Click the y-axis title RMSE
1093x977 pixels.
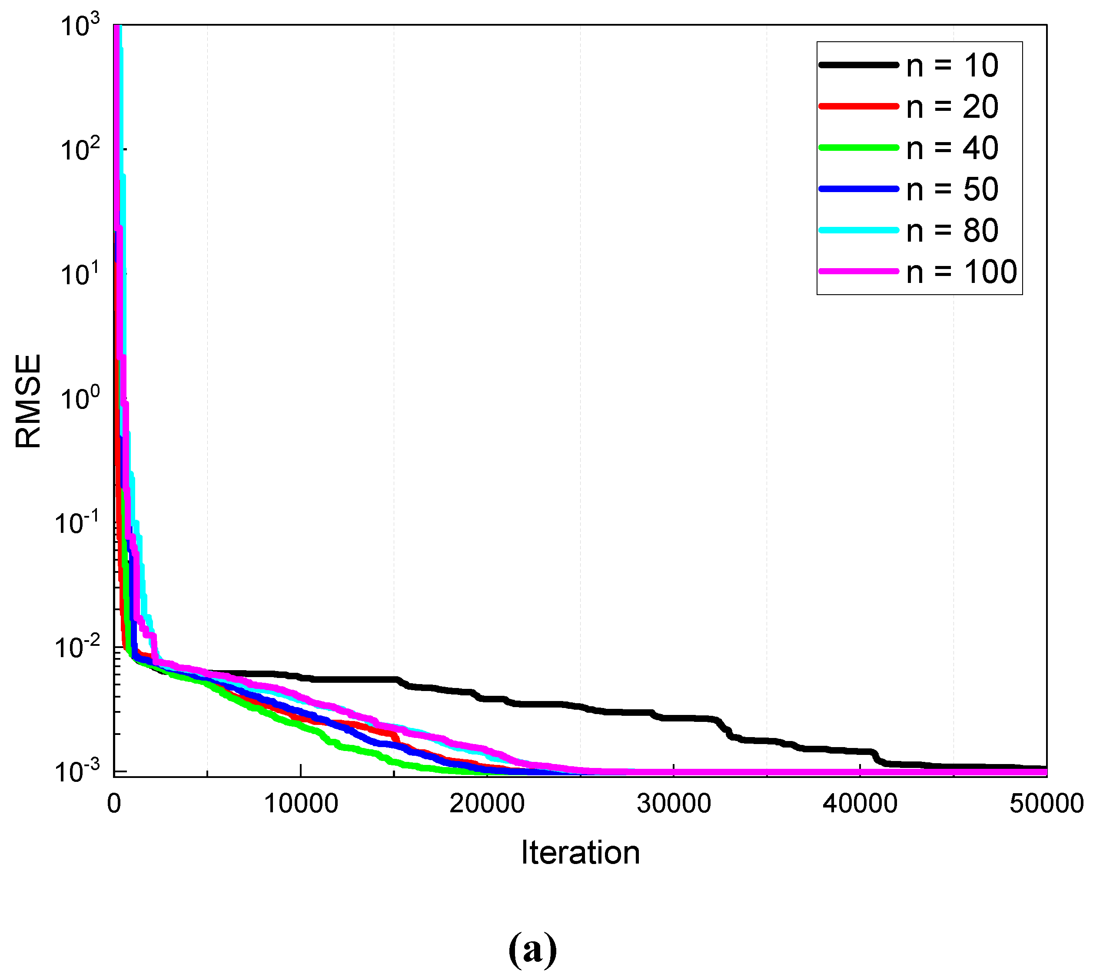tap(28, 401)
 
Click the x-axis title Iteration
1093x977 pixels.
tap(580, 852)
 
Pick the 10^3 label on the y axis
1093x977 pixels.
tap(80, 26)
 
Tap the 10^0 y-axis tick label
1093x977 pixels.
tap(80, 398)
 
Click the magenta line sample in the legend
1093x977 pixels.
tap(858, 272)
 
